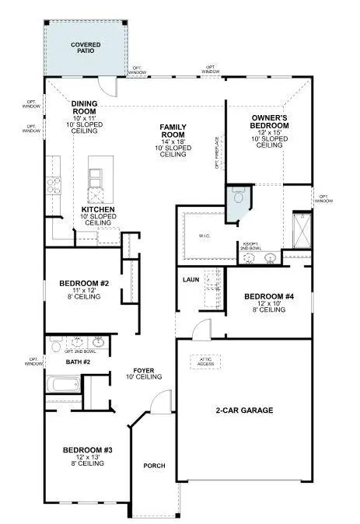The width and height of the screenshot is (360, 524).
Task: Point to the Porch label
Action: pos(154,466)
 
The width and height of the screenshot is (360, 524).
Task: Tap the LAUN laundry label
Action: pos(190,279)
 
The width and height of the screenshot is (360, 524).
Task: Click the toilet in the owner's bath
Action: pos(238,198)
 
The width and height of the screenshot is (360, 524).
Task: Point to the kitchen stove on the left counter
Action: pos(54,187)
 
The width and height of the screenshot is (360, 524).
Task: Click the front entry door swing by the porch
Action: pos(158,403)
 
